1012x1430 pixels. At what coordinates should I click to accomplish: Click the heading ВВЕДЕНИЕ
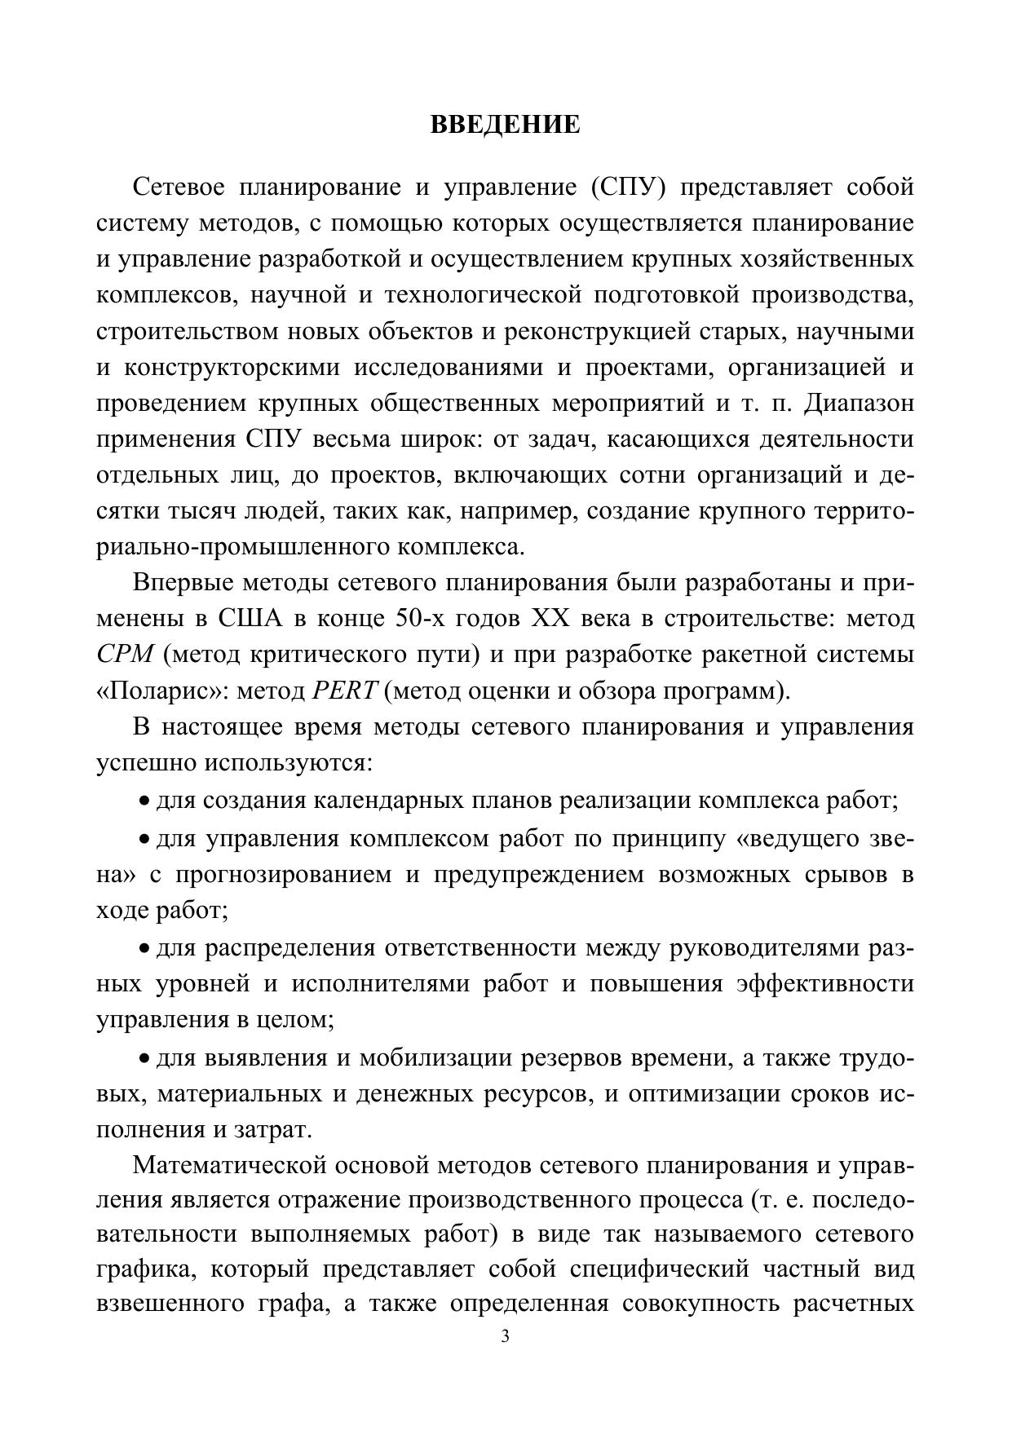(505, 125)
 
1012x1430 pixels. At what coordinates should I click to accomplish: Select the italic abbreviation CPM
(125, 655)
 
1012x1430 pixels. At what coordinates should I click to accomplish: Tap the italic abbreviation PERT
(344, 691)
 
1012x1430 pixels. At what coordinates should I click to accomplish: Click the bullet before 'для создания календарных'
(144, 801)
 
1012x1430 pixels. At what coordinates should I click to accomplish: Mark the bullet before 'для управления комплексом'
(144, 839)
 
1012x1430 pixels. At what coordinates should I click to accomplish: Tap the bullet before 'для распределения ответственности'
(144, 948)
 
